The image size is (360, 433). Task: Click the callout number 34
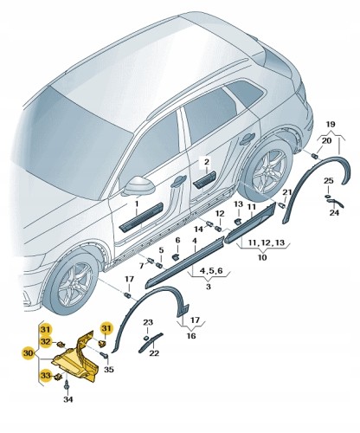pyautogui.click(x=68, y=399)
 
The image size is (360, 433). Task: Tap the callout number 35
pyautogui.click(x=109, y=369)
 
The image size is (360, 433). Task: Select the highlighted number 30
pyautogui.click(x=28, y=352)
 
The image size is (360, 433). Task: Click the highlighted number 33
pyautogui.click(x=46, y=376)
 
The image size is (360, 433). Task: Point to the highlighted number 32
pyautogui.click(x=46, y=341)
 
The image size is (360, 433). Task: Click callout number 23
pyautogui.click(x=148, y=322)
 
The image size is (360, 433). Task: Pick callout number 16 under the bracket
pyautogui.click(x=191, y=336)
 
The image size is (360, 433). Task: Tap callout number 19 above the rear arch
pyautogui.click(x=331, y=125)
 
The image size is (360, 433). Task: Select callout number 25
pyautogui.click(x=328, y=181)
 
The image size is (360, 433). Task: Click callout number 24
pyautogui.click(x=334, y=213)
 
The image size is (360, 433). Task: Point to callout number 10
pyautogui.click(x=262, y=256)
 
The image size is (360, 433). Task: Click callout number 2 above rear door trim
pyautogui.click(x=207, y=162)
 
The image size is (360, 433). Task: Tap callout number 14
pyautogui.click(x=198, y=229)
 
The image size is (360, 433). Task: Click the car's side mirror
pyautogui.click(x=138, y=185)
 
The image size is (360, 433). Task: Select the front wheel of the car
pyautogui.click(x=70, y=283)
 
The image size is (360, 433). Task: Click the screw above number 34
pyautogui.click(x=67, y=386)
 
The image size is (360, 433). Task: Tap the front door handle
pyautogui.click(x=178, y=181)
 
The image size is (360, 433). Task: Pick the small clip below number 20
pyautogui.click(x=315, y=156)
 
